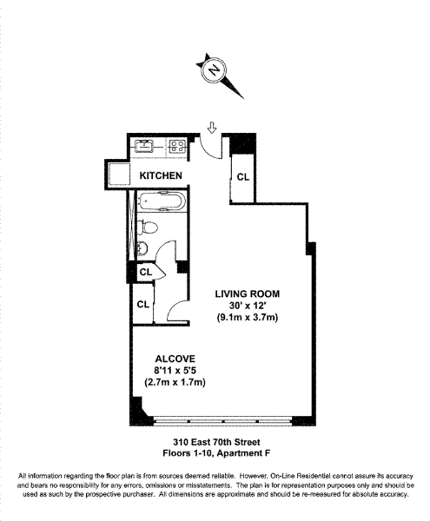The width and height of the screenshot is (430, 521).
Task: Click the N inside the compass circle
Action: point(215,69)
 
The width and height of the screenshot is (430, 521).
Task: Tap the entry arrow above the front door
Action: point(212,128)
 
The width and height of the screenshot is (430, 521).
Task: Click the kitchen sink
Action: point(144,146)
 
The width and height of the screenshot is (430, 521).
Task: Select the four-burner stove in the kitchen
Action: point(177,146)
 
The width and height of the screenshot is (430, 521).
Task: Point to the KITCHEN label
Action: point(161,175)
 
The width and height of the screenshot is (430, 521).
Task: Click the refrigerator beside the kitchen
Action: point(117,175)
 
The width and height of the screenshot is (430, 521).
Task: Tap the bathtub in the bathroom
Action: point(162,201)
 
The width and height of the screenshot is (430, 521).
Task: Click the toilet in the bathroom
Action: point(147,228)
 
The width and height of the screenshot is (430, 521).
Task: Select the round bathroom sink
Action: point(142,248)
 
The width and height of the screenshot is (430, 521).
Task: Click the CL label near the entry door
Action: point(243,177)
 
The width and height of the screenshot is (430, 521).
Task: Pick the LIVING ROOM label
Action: point(248,293)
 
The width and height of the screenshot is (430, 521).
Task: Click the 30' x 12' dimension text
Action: point(248,306)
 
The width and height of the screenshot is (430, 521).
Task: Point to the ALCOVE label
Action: point(175,359)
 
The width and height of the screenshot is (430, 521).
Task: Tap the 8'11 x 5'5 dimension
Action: point(175,371)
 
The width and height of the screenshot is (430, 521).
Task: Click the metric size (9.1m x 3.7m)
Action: point(248,317)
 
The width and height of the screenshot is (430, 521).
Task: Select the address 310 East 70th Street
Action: point(216,442)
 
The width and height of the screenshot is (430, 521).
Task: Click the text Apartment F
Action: point(243,453)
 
